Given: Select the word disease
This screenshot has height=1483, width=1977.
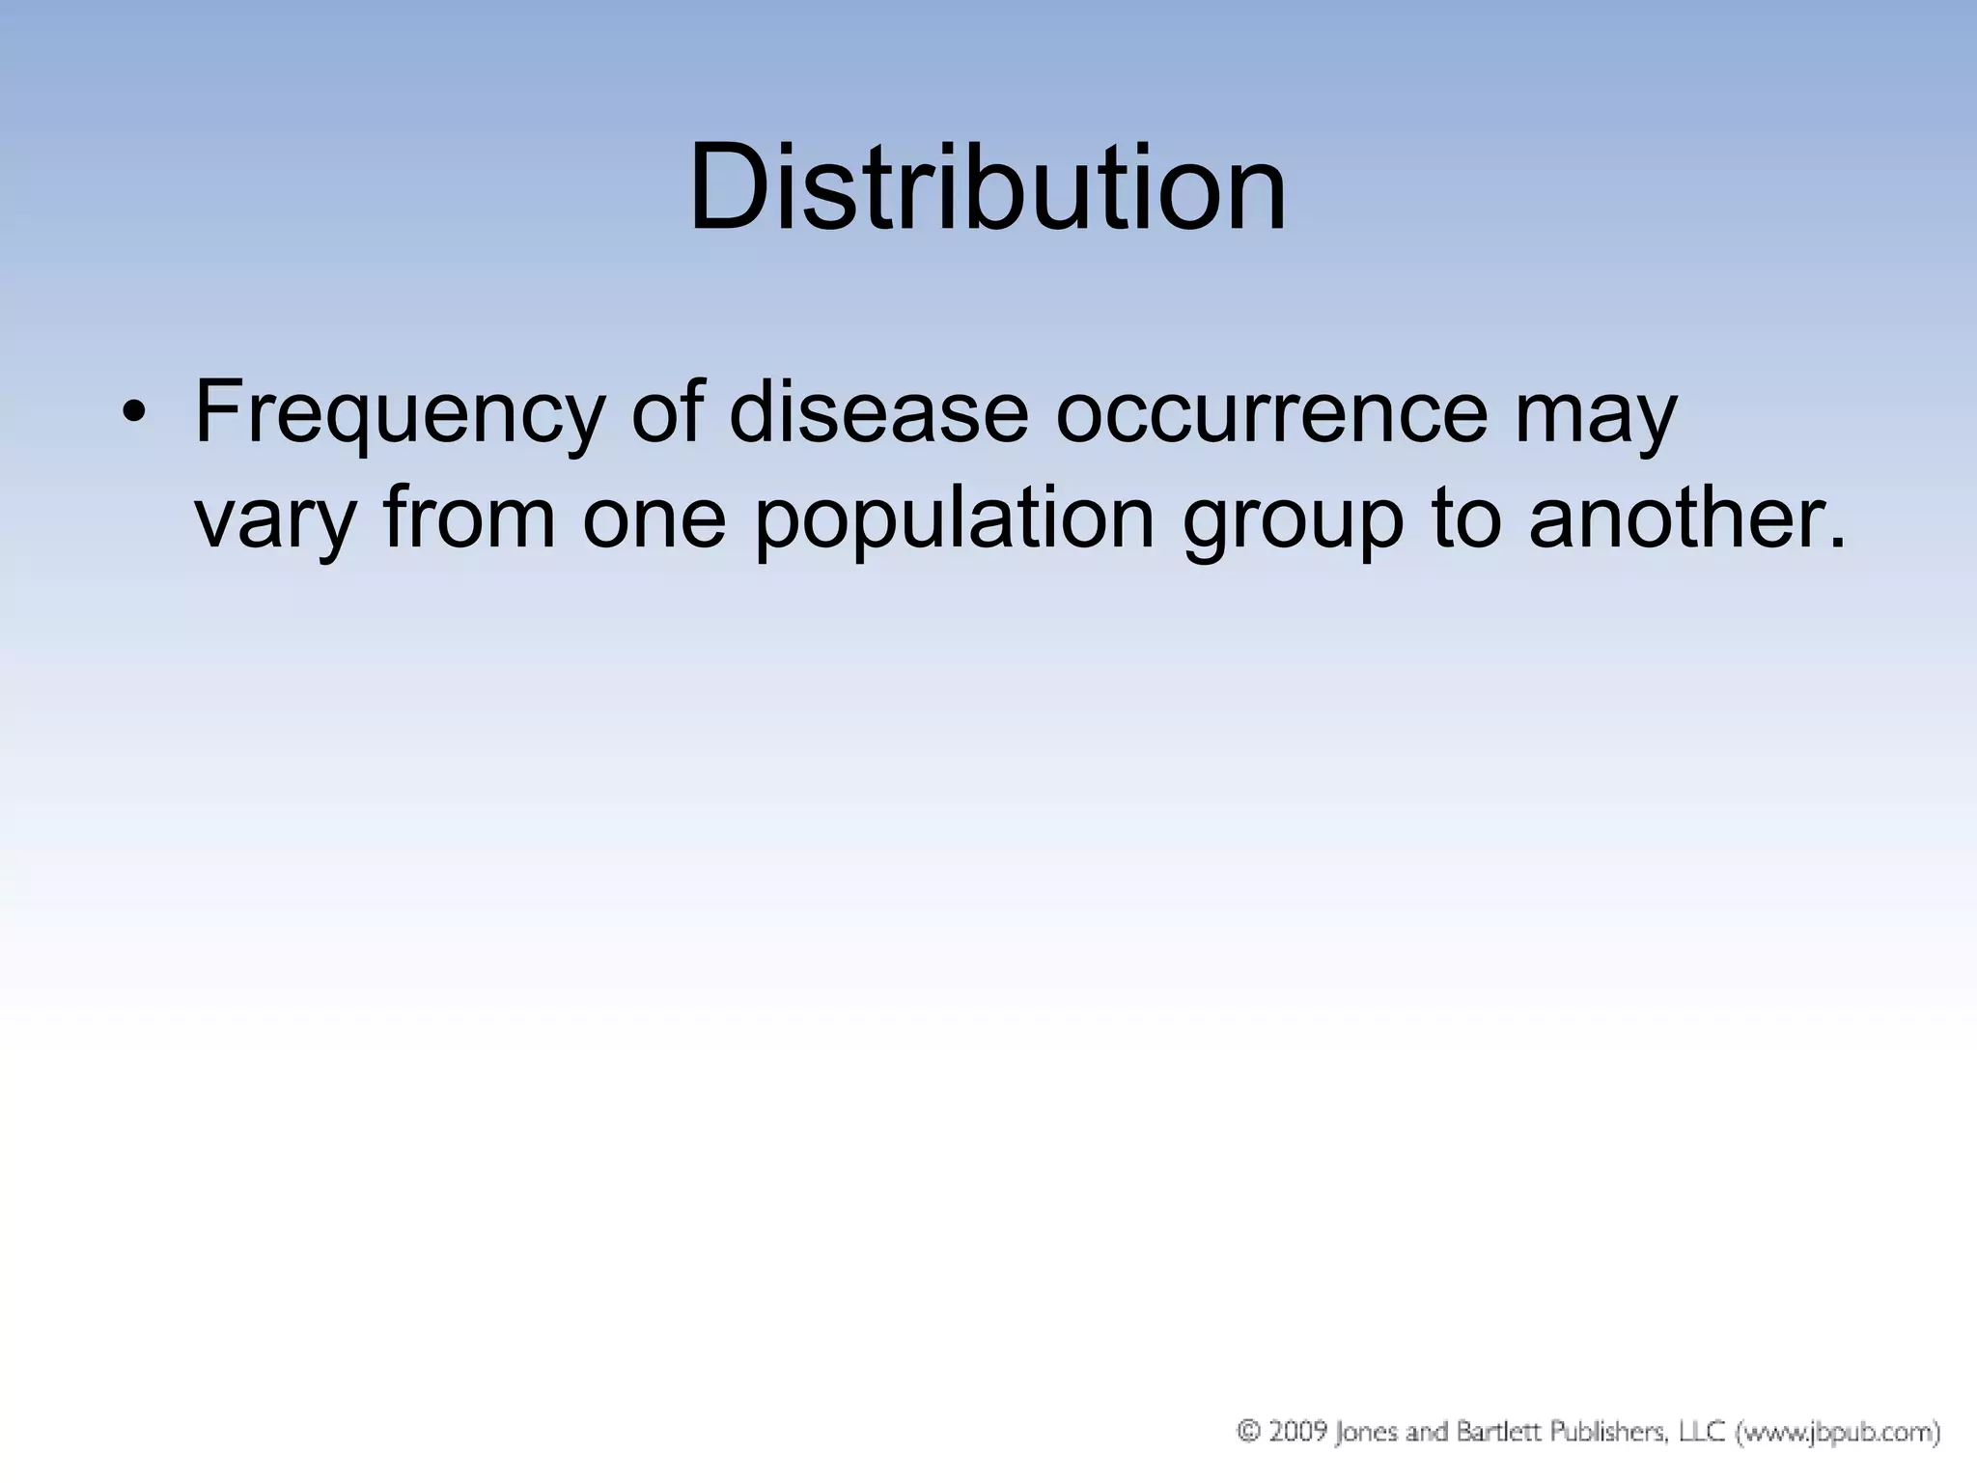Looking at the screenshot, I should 878,413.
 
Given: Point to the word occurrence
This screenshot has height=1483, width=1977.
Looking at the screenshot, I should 1271,413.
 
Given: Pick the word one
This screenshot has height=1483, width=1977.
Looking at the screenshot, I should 654,521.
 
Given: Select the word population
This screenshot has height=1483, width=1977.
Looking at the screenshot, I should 954,521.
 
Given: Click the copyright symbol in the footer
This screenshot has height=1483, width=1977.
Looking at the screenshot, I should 1249,1430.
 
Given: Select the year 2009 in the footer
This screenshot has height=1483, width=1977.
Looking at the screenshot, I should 1295,1430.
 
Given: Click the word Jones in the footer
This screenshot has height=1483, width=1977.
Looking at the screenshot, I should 1365,1431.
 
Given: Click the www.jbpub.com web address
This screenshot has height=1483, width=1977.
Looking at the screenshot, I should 1839,1431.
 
